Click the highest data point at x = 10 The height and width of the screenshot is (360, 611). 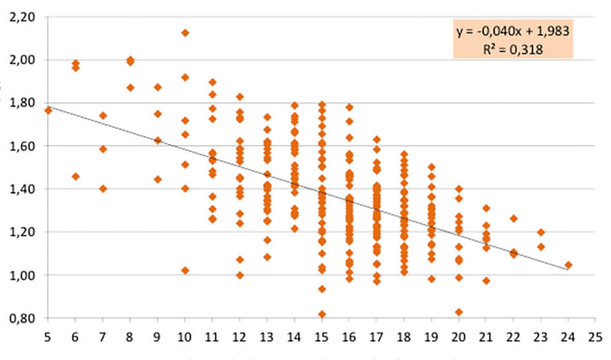185,33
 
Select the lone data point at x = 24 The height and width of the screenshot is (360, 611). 568,265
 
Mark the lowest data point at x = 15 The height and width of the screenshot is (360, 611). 322,314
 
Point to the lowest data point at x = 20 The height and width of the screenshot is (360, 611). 458,312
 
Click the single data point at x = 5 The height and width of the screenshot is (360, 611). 48,111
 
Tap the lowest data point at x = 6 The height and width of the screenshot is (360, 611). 75,176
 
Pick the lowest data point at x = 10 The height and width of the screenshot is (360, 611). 185,270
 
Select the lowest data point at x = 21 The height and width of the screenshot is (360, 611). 486,281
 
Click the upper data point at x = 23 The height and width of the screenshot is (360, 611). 541,232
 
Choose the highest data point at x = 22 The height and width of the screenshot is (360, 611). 514,218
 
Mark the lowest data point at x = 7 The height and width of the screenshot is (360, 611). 102,189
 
